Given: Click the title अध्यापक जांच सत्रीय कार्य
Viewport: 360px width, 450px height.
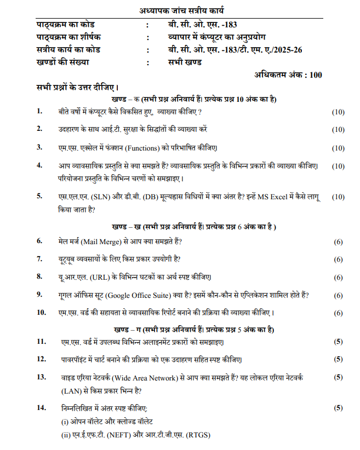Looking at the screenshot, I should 179,11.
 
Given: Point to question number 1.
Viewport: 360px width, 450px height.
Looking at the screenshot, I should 39,112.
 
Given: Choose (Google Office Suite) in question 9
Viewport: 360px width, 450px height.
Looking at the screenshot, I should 140,295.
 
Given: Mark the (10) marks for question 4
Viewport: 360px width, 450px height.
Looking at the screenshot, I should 338,165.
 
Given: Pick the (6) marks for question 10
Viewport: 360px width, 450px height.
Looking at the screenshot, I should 338,313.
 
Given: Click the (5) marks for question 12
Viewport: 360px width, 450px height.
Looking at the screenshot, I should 338,359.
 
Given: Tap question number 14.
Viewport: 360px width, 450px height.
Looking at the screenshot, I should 41,408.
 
